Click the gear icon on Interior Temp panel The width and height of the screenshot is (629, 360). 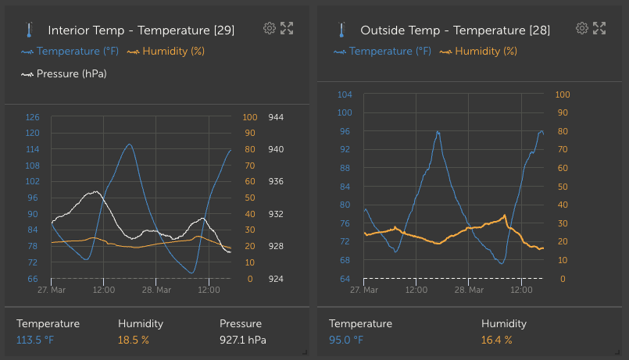pos(270,29)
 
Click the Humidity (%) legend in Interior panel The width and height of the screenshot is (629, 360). pos(166,52)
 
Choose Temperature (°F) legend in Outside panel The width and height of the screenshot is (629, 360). pos(382,52)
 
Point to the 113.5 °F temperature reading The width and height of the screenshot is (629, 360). pos(35,340)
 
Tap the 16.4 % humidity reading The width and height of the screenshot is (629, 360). pos(497,340)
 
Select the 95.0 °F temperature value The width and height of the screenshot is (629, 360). pos(346,340)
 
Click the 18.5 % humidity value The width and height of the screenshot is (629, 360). pos(134,340)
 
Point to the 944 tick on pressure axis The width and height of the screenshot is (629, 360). pos(276,117)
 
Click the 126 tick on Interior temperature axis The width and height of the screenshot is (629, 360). pos(32,117)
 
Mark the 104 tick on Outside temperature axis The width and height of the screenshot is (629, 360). pos(345,94)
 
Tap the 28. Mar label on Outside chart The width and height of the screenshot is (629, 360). pos(470,290)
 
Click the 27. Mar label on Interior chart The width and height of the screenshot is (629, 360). pos(52,290)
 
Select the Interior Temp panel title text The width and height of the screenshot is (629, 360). pos(141,30)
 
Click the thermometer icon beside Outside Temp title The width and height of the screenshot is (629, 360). pos(341,30)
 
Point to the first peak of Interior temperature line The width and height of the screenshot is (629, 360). pos(129,144)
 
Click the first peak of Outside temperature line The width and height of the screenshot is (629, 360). pos(438,132)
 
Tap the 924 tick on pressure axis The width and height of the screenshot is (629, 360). pos(276,279)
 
